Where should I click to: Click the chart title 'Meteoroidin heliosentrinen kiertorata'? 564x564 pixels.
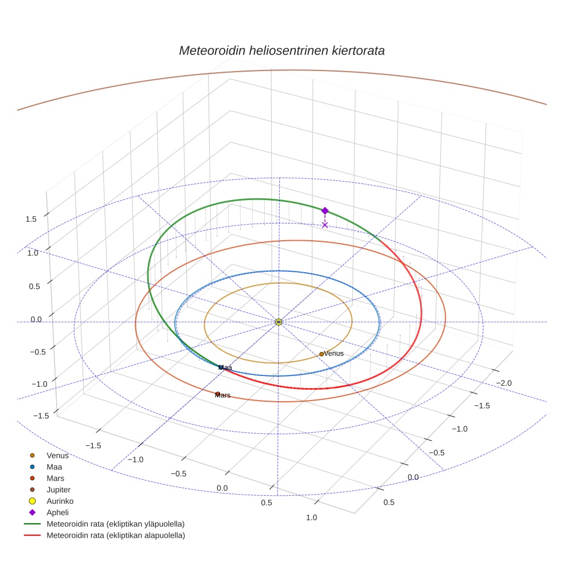(x=281, y=50)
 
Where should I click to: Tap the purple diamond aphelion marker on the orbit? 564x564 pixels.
(x=325, y=211)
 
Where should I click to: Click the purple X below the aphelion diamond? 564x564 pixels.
(x=325, y=225)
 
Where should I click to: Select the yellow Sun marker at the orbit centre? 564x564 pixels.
(x=279, y=322)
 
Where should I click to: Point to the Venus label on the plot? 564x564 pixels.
(x=334, y=354)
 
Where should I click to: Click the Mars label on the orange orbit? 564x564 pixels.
(x=223, y=395)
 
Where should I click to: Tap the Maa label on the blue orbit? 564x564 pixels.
(x=225, y=367)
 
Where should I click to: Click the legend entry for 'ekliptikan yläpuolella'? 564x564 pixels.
(x=115, y=524)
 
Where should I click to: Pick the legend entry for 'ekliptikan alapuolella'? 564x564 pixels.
(x=115, y=536)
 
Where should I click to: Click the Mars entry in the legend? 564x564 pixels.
(x=56, y=479)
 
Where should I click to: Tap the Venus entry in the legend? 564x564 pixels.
(x=57, y=456)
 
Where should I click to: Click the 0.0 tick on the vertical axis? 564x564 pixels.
(x=36, y=320)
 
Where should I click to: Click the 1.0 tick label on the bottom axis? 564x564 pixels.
(x=312, y=518)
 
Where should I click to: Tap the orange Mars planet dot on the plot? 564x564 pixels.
(x=218, y=394)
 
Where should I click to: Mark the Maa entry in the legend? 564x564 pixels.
(x=54, y=467)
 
